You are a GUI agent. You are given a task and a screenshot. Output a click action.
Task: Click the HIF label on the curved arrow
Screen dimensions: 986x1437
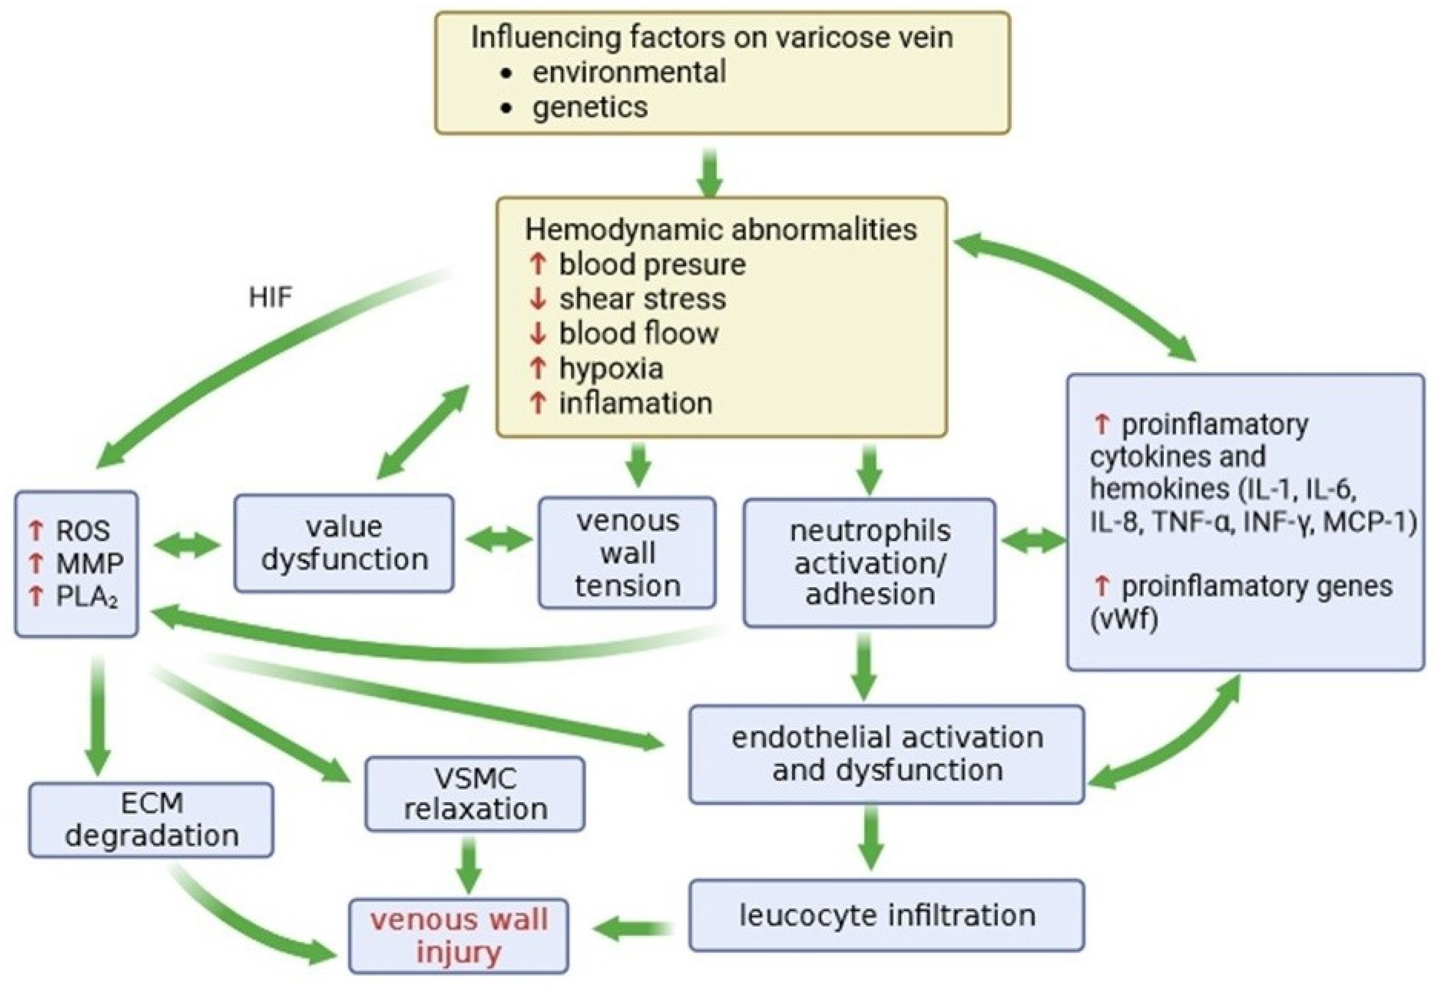tap(270, 298)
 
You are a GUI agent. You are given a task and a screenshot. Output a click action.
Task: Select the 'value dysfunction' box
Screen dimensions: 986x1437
tap(344, 543)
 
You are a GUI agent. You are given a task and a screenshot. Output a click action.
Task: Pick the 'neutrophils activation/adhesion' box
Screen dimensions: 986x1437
tap(869, 563)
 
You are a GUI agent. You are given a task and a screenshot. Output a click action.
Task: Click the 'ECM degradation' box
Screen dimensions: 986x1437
tap(151, 819)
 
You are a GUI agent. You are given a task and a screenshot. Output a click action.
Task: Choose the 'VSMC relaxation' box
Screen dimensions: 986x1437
tap(475, 794)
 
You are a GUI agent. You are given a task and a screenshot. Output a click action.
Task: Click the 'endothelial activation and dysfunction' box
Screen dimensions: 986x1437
tap(886, 754)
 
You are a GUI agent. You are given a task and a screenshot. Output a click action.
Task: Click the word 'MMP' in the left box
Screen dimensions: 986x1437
tap(90, 564)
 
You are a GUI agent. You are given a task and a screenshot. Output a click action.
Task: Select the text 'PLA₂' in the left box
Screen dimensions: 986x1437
tap(87, 597)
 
